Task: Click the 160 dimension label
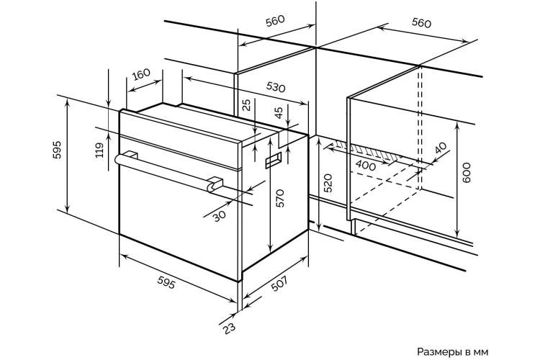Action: coord(142,74)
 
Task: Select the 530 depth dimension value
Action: coord(276,87)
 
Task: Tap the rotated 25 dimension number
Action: coord(247,104)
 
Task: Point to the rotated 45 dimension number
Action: coord(279,112)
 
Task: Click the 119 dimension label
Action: coord(99,150)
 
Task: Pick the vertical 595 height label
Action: coord(57,150)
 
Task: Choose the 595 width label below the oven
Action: coord(167,282)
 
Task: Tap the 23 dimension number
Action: coord(229,328)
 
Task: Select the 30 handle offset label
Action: coord(219,216)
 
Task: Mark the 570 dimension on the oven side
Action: coord(280,198)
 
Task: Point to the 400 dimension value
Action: coord(366,166)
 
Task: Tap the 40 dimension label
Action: coord(441,148)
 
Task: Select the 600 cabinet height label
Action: coord(466,173)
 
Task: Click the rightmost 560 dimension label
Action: coord(421,23)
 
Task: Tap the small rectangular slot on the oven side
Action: coord(273,160)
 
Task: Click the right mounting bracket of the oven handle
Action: coord(215,184)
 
